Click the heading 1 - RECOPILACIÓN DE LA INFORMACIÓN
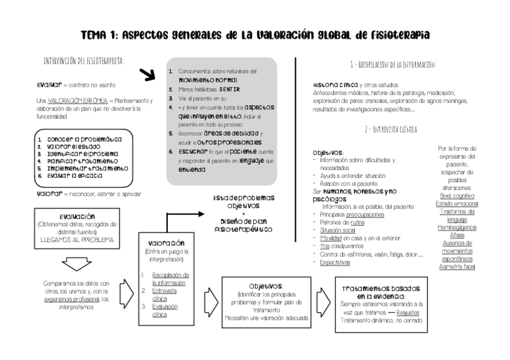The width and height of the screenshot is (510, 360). [x=392, y=64]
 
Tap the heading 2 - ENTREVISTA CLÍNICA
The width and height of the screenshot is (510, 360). [x=391, y=129]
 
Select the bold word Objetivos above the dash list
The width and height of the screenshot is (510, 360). [x=328, y=153]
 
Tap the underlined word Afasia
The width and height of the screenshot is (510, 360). [x=458, y=236]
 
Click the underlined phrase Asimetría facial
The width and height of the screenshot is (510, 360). [x=458, y=266]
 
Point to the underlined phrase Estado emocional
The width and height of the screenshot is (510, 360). [x=458, y=204]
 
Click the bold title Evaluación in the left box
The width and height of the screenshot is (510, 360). [x=76, y=216]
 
